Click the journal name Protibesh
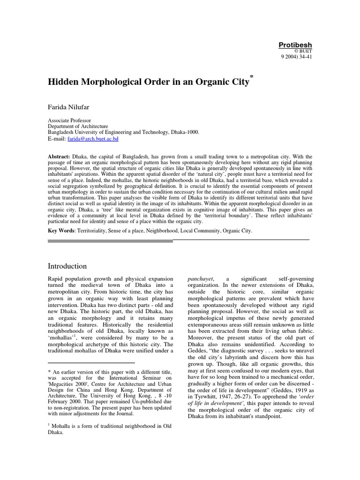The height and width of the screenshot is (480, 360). (295, 45)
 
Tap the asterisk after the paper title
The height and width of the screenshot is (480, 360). (252, 76)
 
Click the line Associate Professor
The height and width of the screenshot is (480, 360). (70, 120)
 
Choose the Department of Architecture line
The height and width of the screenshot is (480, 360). (78, 127)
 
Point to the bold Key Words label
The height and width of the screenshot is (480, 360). (61, 231)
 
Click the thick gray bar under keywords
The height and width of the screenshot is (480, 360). (111, 241)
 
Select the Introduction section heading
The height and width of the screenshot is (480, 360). (67, 266)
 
